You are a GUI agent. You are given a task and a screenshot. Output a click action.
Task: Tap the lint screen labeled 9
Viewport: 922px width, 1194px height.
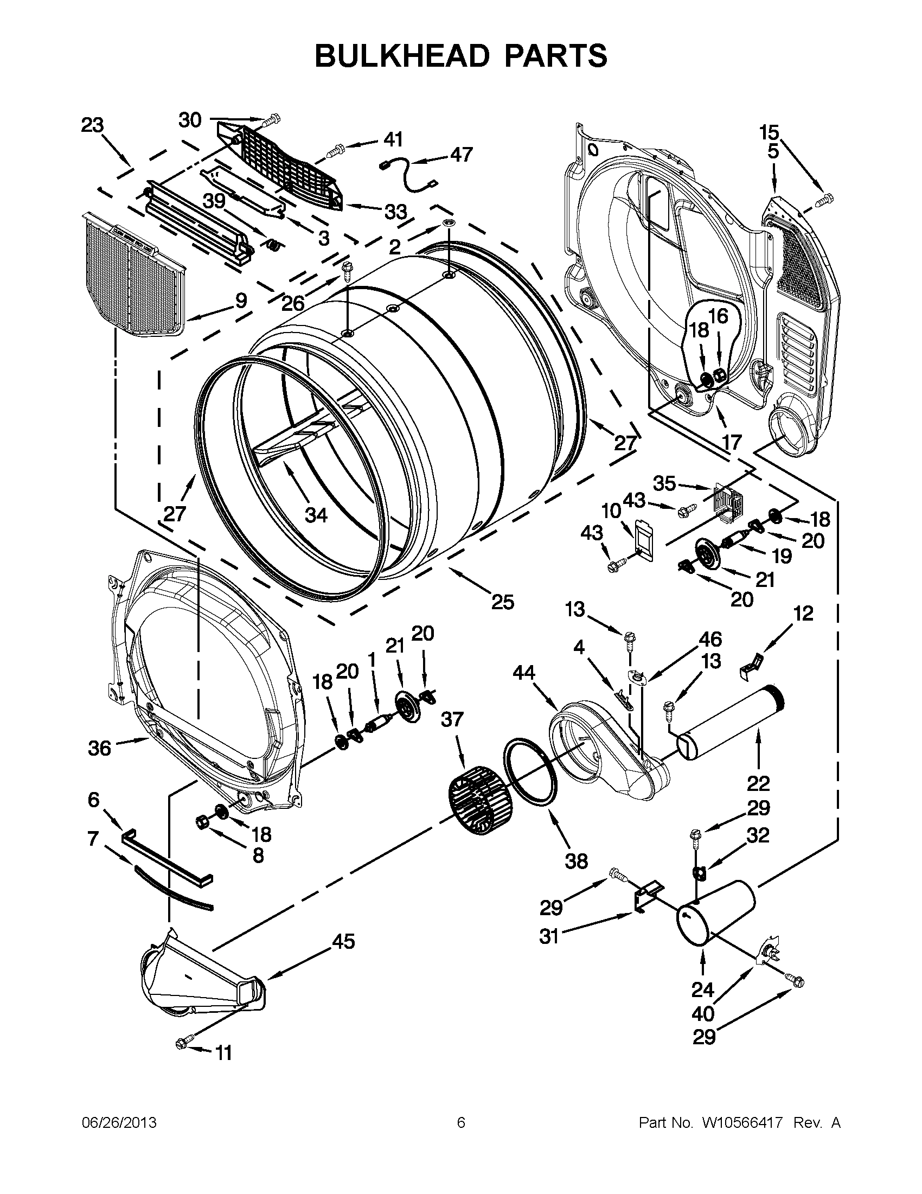pyautogui.click(x=133, y=276)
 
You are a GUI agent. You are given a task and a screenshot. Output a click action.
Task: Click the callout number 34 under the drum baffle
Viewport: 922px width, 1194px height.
pyautogui.click(x=316, y=514)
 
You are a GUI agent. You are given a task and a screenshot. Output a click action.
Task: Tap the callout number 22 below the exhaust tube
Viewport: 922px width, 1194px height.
pyautogui.click(x=758, y=784)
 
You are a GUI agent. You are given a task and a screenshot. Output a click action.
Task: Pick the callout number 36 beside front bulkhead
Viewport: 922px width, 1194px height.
pyautogui.click(x=99, y=748)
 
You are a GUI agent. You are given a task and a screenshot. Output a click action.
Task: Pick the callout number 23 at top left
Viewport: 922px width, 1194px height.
pyautogui.click(x=92, y=125)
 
